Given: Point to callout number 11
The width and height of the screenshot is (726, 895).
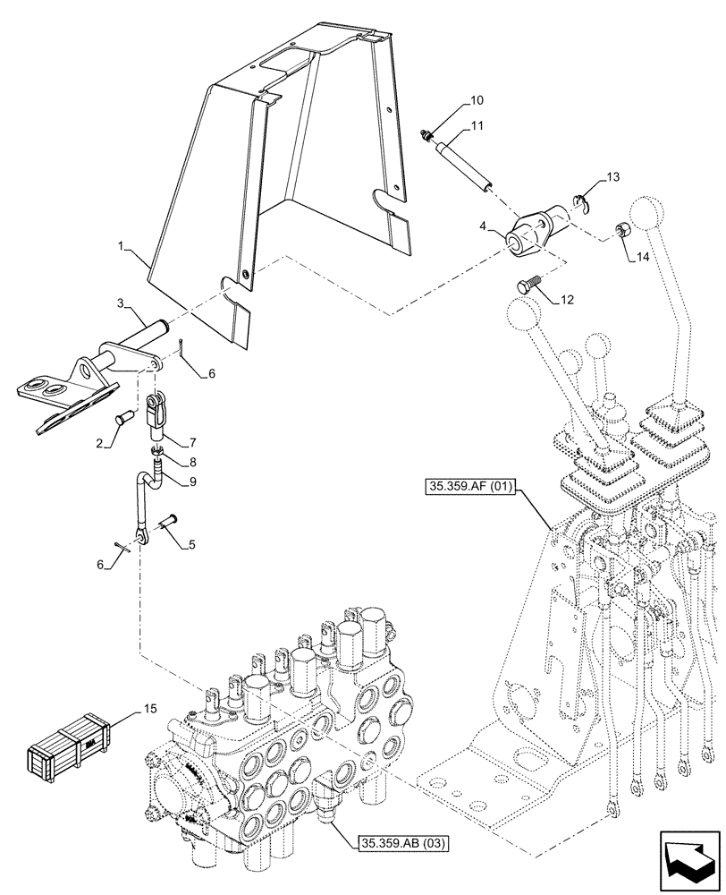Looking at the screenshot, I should [x=477, y=126].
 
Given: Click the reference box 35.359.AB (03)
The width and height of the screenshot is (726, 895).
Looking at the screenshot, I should [x=403, y=842].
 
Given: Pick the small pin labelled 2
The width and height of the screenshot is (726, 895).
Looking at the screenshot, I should [x=124, y=416].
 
